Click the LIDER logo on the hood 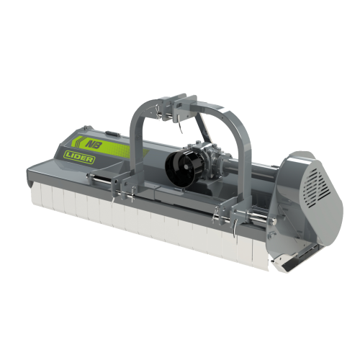tap(78, 157)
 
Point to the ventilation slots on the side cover tap(316, 187)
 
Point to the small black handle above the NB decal tap(112, 133)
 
